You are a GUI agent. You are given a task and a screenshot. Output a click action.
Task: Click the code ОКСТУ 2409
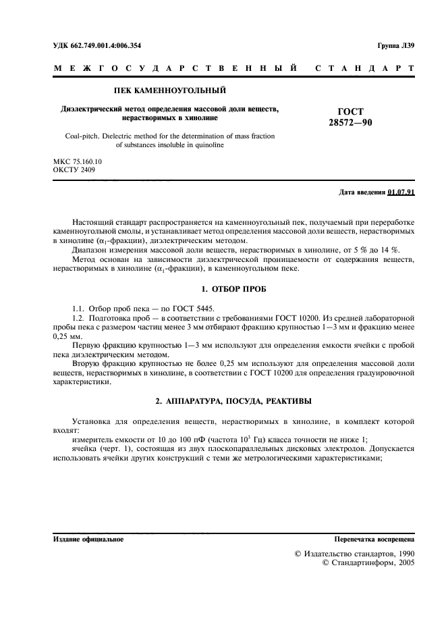(x=74, y=170)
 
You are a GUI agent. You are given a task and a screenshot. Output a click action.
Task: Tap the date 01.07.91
(x=401, y=192)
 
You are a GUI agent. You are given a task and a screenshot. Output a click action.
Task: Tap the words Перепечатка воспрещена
(x=374, y=540)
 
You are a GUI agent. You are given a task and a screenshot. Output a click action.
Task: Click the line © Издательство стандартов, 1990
(x=351, y=553)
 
